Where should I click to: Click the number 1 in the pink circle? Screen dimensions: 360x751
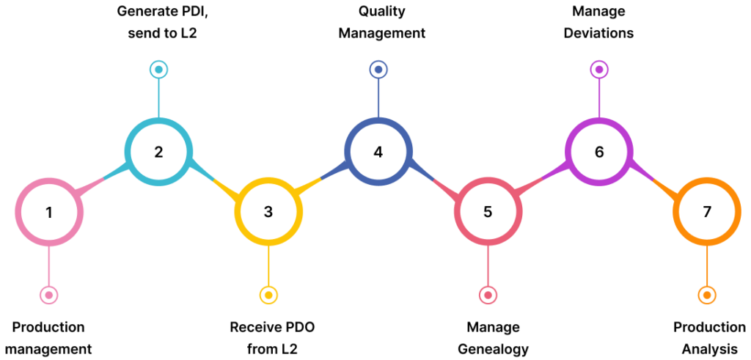49,213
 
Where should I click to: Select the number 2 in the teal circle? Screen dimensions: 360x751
158,153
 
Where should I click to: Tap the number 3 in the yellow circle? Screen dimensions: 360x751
268,213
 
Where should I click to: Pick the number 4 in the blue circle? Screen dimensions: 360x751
378,153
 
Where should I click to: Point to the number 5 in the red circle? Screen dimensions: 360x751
488,213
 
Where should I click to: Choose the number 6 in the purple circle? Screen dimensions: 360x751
599,153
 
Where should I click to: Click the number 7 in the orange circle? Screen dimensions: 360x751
707,213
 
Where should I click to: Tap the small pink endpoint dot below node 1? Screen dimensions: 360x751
49,295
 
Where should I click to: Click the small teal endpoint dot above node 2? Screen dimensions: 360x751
158,70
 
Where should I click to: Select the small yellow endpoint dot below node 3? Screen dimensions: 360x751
268,295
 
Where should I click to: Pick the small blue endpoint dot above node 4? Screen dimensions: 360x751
378,70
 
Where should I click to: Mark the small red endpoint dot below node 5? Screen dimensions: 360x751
488,295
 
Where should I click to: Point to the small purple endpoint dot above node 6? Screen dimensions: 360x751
599,70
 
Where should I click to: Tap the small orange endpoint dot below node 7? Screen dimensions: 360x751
707,295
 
